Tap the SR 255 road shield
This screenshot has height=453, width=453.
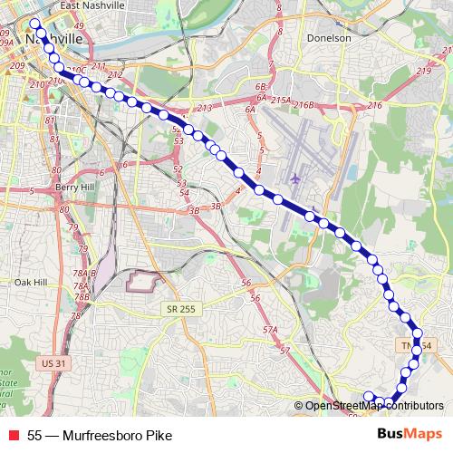(182, 309)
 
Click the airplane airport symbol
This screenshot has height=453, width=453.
(296, 177)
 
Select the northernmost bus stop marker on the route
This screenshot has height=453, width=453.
(35, 24)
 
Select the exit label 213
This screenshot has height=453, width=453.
(204, 109)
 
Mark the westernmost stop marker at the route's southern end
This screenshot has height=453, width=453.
(369, 394)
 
